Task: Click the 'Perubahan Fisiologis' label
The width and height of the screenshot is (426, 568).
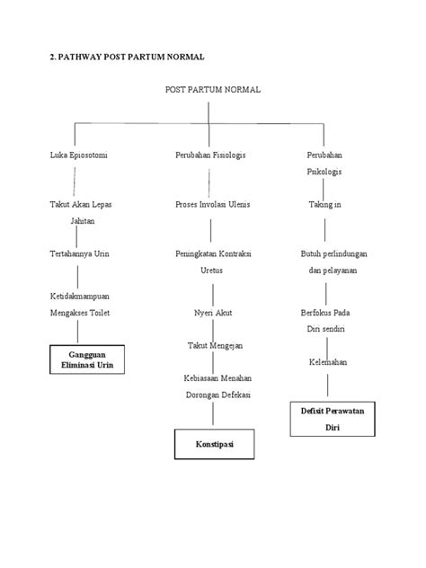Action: click(x=210, y=155)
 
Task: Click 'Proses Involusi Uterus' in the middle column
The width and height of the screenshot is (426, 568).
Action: click(x=213, y=204)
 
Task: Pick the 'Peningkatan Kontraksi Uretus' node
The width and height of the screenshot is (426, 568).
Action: click(x=212, y=262)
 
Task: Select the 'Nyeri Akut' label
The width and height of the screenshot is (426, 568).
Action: click(x=212, y=312)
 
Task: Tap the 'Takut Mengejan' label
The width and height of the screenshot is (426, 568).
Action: click(x=212, y=345)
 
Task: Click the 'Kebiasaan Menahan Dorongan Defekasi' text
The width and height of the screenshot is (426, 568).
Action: click(x=212, y=386)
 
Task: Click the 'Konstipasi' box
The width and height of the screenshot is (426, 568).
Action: click(x=212, y=445)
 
